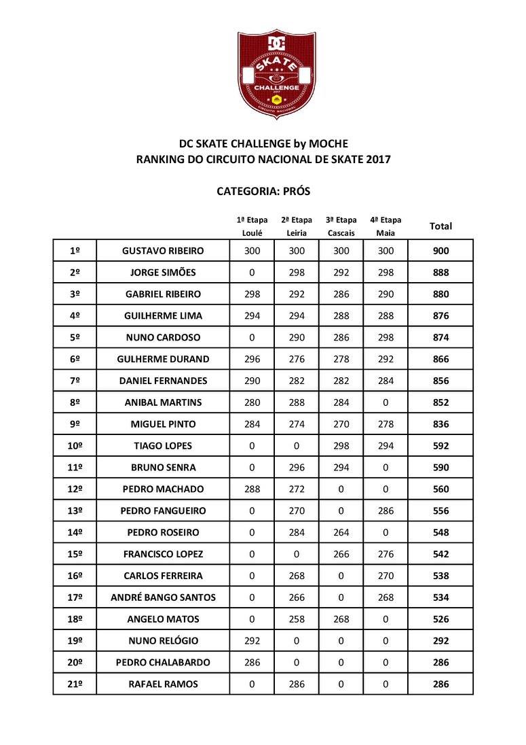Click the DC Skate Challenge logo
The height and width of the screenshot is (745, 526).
(x=274, y=74)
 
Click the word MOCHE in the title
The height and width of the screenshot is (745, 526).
(x=328, y=143)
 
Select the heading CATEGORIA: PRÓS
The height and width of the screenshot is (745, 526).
(x=263, y=192)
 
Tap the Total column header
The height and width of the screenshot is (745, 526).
(x=441, y=226)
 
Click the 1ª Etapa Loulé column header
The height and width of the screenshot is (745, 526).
(x=252, y=226)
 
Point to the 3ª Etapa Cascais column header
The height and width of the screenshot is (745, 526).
(x=341, y=226)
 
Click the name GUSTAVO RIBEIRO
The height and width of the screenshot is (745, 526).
(x=163, y=251)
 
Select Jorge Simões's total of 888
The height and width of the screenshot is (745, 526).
(x=441, y=273)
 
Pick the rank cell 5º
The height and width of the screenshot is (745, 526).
(x=75, y=337)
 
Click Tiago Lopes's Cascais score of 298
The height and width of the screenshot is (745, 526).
(x=341, y=446)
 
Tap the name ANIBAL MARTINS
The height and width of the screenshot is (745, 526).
(x=163, y=402)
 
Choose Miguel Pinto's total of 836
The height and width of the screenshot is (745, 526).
(x=441, y=424)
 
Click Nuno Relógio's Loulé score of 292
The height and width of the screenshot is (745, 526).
(x=252, y=640)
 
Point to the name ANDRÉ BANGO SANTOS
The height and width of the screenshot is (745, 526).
(x=163, y=597)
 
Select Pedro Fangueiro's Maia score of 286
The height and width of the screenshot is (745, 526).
(x=386, y=510)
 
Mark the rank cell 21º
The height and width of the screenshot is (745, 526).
(x=75, y=684)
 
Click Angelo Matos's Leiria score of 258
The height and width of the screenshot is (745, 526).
(x=297, y=619)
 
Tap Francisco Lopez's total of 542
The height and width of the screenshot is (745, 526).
(x=441, y=554)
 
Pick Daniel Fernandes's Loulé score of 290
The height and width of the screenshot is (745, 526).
(x=252, y=381)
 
